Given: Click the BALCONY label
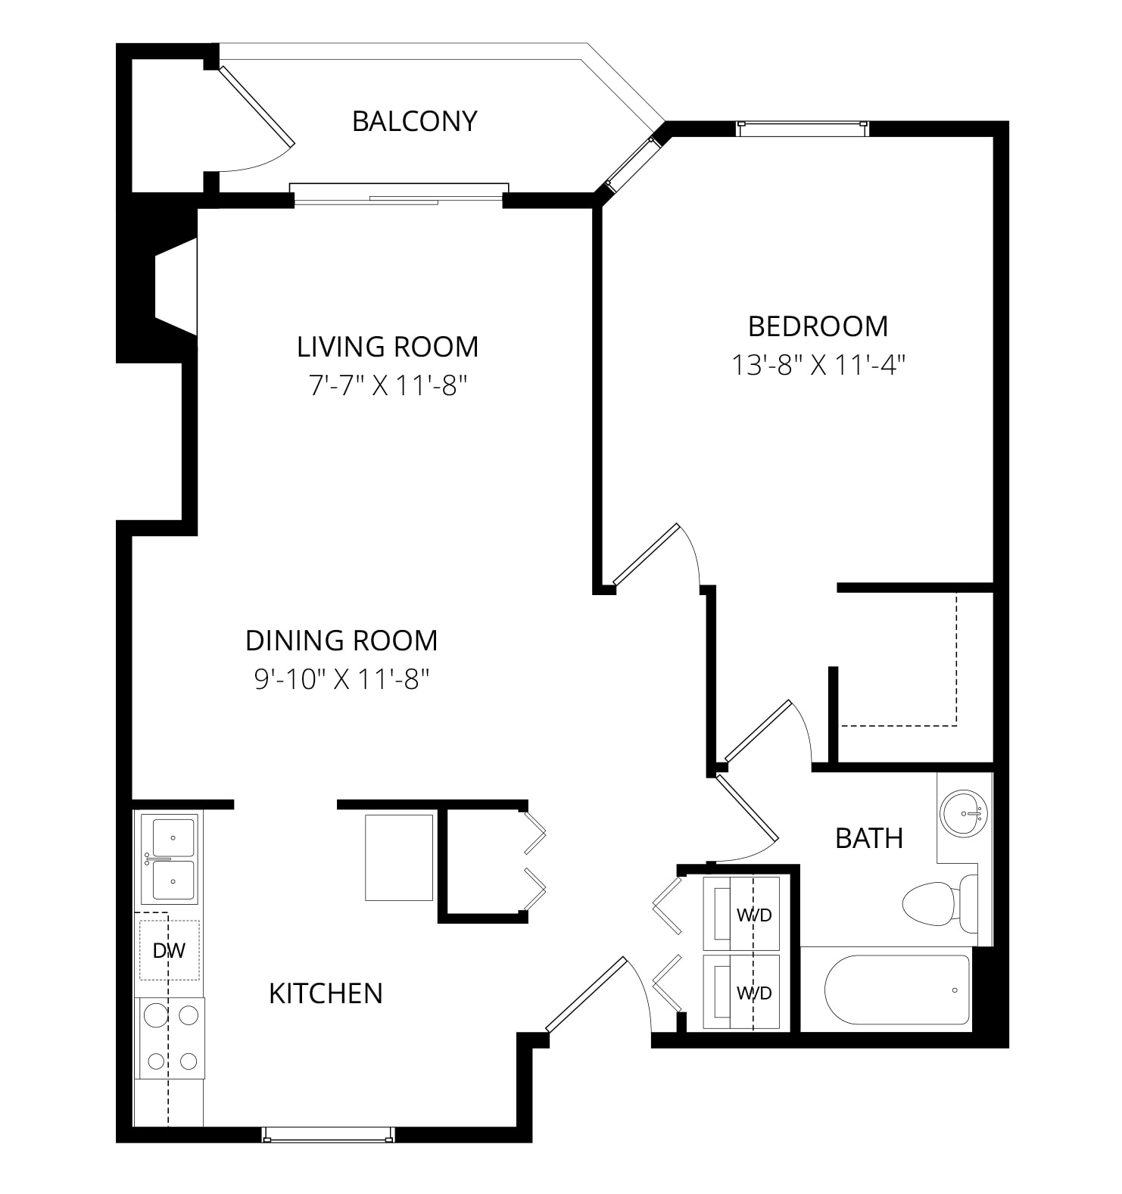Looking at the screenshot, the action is click(415, 121).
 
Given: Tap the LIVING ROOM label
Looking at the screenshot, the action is click(388, 347).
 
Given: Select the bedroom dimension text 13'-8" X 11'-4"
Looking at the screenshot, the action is click(818, 365).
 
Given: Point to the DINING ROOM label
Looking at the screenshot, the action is click(341, 641).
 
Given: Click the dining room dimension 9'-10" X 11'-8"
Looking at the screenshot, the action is click(341, 679).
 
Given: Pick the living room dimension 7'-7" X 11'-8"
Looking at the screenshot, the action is click(388, 386).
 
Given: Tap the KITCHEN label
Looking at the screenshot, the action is click(326, 993).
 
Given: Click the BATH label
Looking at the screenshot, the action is click(869, 838).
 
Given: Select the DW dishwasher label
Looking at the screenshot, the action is click(169, 951).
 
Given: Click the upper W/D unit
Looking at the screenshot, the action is click(741, 914).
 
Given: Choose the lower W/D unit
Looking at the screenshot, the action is click(741, 992).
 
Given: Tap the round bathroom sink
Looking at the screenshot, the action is click(964, 814).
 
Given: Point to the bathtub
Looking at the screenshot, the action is click(897, 990).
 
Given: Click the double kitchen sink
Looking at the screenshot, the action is click(170, 859).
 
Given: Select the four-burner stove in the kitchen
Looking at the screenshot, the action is click(170, 1038).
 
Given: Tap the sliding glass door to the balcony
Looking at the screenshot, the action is click(399, 194).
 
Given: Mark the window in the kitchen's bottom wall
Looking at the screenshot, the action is click(328, 1134).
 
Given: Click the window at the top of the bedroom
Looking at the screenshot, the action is click(803, 129).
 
